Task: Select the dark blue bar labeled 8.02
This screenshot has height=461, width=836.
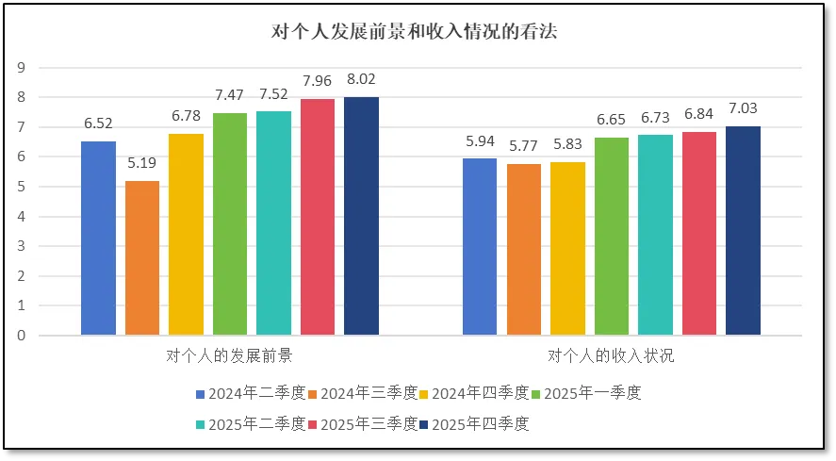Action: (361, 216)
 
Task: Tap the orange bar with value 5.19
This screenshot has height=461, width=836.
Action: (142, 257)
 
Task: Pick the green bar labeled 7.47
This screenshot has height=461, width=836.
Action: (230, 223)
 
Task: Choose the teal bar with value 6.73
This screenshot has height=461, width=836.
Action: (655, 235)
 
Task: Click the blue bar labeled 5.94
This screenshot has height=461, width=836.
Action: (480, 246)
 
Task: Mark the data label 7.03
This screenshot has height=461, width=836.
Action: (743, 108)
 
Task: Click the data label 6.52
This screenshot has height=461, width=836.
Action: (99, 123)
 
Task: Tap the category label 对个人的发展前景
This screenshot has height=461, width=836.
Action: (229, 357)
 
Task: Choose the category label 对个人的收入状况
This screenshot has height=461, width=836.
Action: (611, 357)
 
